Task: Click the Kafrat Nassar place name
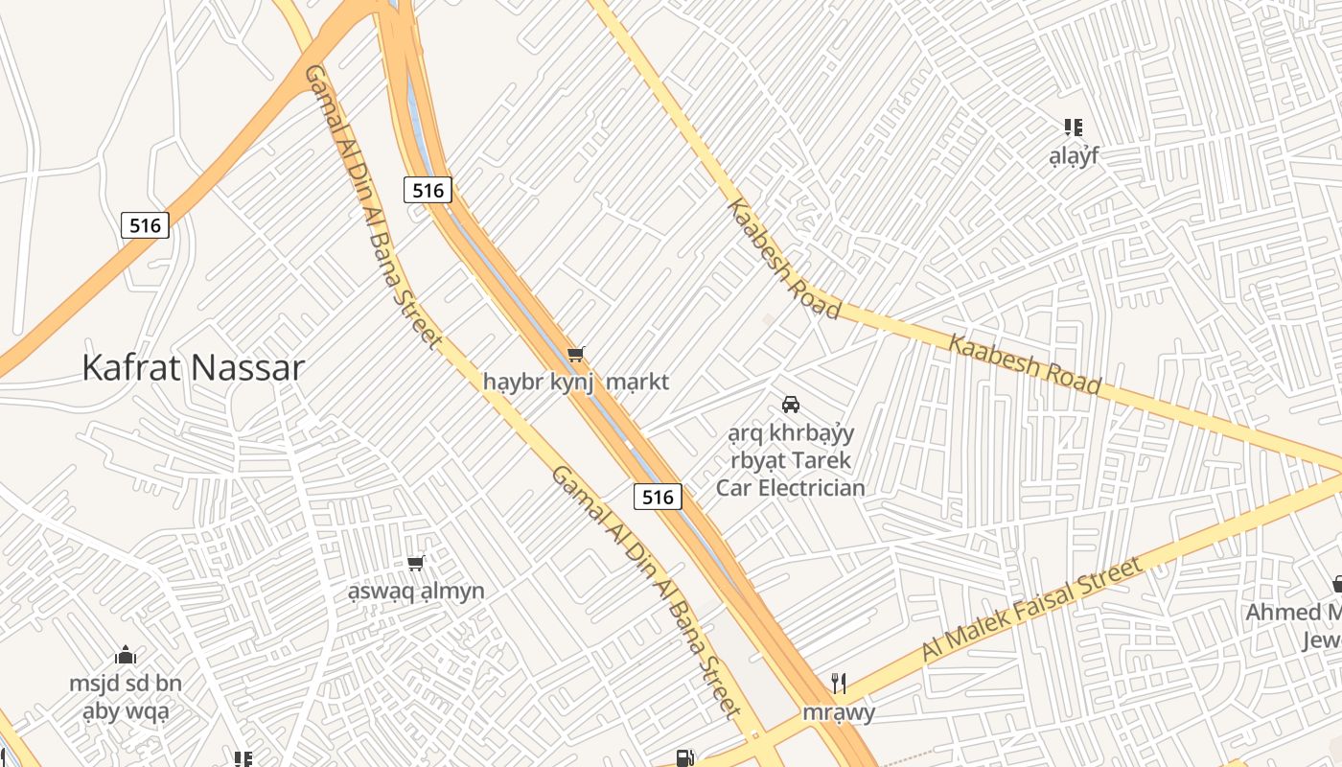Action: [x=193, y=368]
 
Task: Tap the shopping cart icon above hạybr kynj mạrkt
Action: [x=575, y=356]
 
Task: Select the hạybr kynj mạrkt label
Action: [x=575, y=382]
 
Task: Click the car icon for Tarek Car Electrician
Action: [x=791, y=405]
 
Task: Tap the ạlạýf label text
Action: [x=1073, y=154]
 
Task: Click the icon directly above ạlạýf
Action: [x=1073, y=127]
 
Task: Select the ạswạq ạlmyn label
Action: [x=416, y=591]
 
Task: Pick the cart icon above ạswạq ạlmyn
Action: [x=416, y=564]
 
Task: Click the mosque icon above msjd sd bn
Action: [x=126, y=657]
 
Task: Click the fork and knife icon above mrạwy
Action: [x=839, y=684]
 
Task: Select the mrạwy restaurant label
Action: [x=839, y=712]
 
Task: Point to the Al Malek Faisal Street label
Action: [x=1032, y=610]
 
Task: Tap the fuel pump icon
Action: [x=684, y=758]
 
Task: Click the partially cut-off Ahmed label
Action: [x=1293, y=612]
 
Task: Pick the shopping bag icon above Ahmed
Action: [x=1336, y=584]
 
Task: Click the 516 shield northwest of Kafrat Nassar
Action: [x=145, y=225]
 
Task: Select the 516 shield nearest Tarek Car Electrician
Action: [x=658, y=497]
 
